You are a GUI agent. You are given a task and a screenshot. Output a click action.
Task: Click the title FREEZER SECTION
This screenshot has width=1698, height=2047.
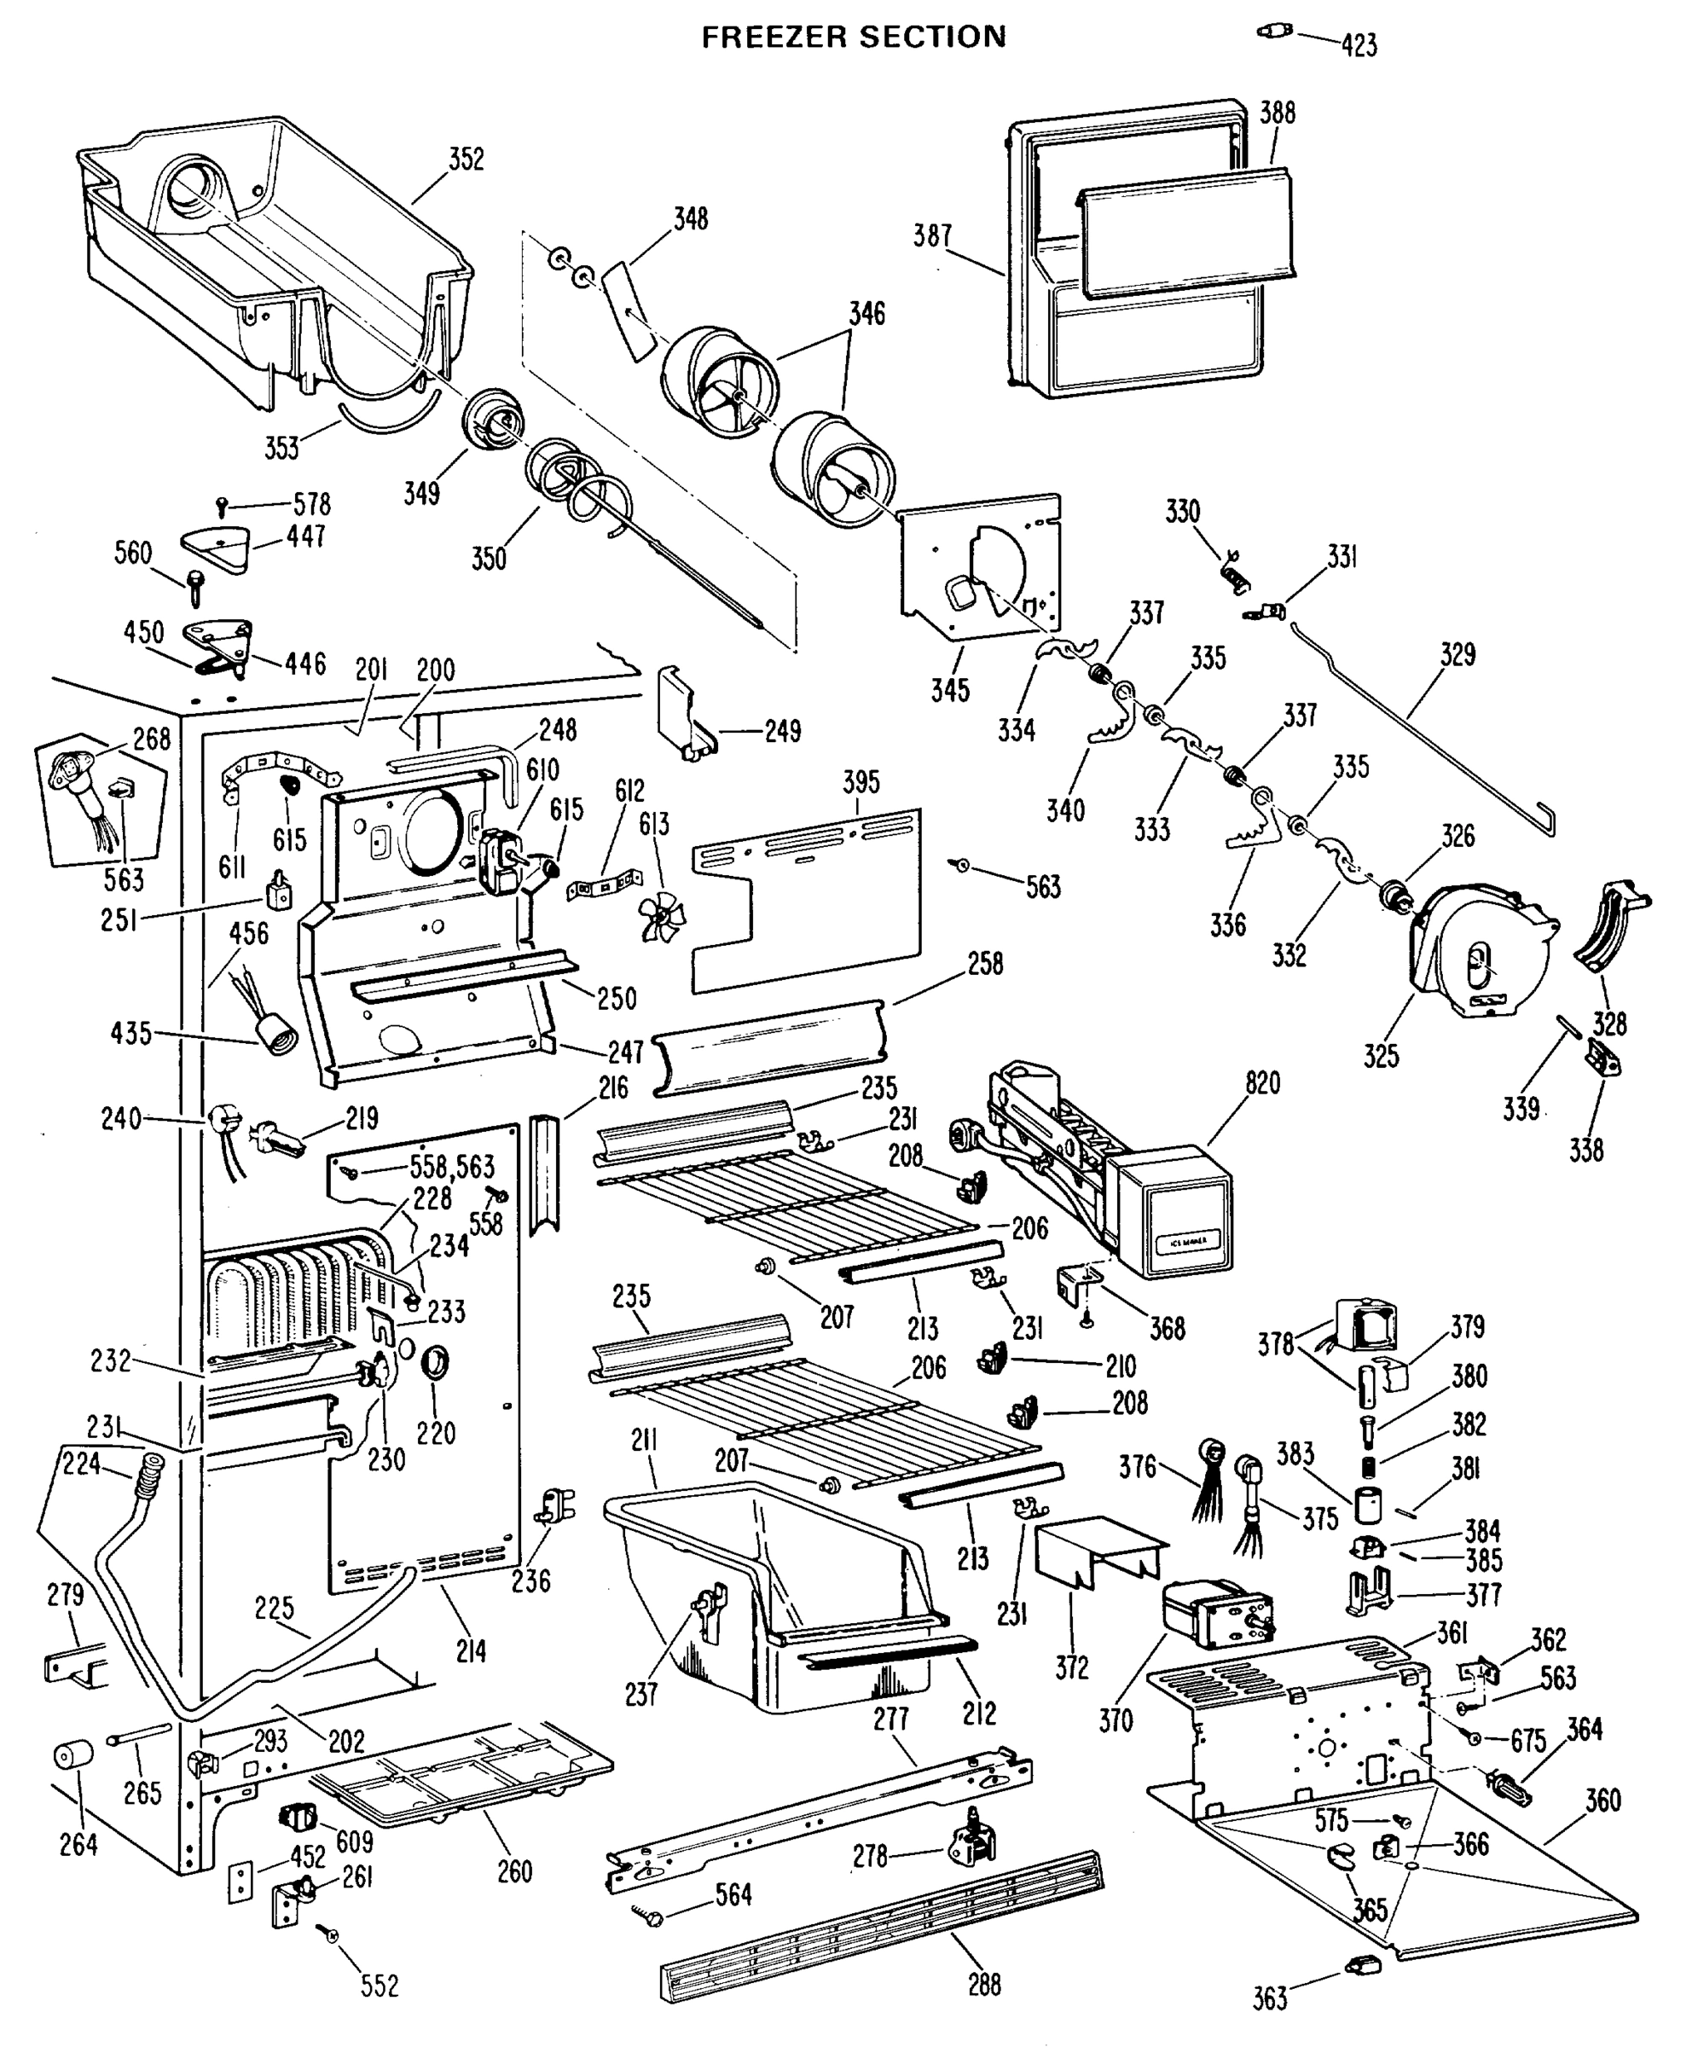[x=854, y=37]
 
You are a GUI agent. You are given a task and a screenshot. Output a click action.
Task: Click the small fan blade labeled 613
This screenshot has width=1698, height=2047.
[x=662, y=917]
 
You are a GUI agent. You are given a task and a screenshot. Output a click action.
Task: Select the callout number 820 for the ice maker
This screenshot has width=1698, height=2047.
[x=1262, y=1083]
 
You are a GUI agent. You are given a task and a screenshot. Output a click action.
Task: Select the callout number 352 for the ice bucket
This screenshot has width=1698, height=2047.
[x=466, y=159]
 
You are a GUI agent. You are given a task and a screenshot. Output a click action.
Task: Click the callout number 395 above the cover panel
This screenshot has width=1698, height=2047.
[x=861, y=782]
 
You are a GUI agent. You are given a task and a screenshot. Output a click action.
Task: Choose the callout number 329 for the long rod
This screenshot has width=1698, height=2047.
[x=1457, y=654]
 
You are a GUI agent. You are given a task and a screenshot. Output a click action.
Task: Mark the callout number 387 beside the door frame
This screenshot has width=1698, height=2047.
[x=932, y=236]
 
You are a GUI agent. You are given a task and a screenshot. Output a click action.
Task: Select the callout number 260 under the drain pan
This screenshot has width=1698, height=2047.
[x=514, y=1871]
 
